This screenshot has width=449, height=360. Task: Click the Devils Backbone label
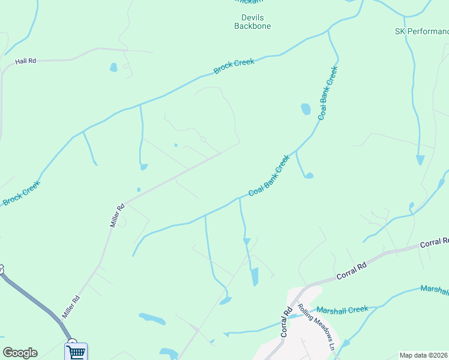(252, 22)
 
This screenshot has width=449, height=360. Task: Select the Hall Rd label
(26, 61)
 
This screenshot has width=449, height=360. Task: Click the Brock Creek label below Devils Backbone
(234, 66)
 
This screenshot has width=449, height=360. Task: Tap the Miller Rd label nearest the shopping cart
(71, 307)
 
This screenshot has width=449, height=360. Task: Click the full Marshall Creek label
(342, 310)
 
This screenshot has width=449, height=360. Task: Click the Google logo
(20, 353)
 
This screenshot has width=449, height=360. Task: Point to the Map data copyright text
(424, 355)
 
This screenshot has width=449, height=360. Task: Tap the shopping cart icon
(76, 352)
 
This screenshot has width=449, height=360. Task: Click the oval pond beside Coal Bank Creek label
(306, 109)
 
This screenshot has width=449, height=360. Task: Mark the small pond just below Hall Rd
(113, 68)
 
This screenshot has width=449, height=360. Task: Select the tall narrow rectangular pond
(254, 277)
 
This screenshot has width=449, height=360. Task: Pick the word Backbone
(252, 26)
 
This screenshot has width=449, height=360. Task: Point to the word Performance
(429, 31)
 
